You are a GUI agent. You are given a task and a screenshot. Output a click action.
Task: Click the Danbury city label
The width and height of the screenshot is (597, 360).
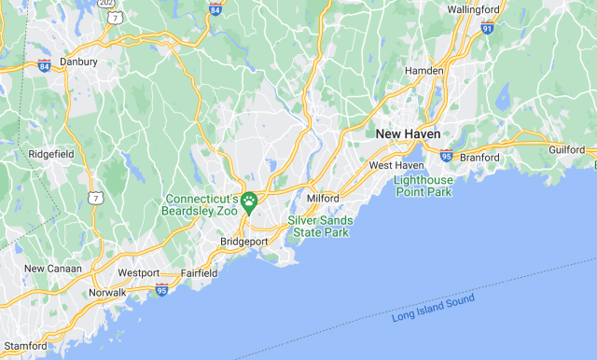click(x=78, y=62)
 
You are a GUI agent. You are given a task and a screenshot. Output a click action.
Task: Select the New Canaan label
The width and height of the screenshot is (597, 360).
click(x=53, y=269)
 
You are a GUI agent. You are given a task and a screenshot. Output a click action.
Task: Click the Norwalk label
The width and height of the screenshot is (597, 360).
click(x=107, y=292)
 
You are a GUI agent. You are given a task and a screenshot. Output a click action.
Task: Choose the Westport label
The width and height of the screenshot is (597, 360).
click(x=138, y=273)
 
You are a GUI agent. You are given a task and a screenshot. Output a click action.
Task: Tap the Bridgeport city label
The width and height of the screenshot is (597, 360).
click(x=243, y=242)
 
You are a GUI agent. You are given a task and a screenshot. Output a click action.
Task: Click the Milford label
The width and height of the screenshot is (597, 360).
click(x=322, y=199)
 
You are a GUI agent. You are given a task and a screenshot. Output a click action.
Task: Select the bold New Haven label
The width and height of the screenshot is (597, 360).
click(x=408, y=134)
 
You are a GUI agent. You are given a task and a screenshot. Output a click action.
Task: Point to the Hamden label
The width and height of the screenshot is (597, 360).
click(x=423, y=71)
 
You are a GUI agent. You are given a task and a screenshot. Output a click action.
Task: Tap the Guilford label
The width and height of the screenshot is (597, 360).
click(x=566, y=149)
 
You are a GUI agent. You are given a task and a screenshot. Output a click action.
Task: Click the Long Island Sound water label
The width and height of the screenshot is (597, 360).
click(x=433, y=308)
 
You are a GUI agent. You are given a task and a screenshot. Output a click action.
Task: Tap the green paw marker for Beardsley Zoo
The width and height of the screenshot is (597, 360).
click(x=249, y=200)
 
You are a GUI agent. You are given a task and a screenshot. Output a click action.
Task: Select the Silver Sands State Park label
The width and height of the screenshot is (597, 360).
click(x=318, y=226)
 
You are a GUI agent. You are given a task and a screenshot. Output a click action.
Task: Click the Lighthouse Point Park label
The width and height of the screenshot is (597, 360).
click(x=423, y=186)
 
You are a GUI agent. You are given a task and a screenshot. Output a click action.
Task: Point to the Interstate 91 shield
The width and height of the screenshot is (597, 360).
click(x=487, y=28)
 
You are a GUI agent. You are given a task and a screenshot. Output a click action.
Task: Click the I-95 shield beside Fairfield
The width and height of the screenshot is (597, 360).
click(x=161, y=289)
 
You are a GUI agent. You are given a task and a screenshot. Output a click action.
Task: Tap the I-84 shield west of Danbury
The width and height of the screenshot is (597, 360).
click(x=45, y=65)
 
